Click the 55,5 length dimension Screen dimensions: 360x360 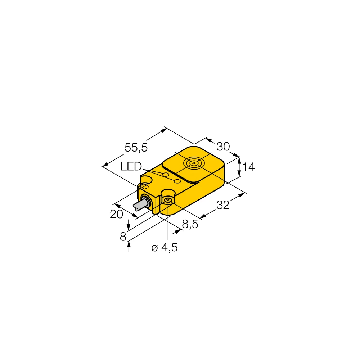pos(136,147)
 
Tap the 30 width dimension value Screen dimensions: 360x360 pos(223,146)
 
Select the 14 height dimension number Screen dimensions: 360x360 pos(248,167)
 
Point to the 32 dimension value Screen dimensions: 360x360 pos(223,205)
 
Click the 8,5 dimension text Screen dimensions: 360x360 pos(190,224)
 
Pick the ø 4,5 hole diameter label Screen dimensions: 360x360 pos(165,248)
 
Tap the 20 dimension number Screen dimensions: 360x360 pos(116,214)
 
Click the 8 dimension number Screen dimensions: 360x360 pos(123,237)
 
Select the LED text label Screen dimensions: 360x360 pos(131,166)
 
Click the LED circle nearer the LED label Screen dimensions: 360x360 pos(166,175)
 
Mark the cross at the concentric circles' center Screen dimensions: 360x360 pos(194,164)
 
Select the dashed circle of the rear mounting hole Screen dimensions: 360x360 pos(144,186)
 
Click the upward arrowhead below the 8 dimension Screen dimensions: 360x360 pos(129,245)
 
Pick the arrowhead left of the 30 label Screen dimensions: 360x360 pos(208,139)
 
